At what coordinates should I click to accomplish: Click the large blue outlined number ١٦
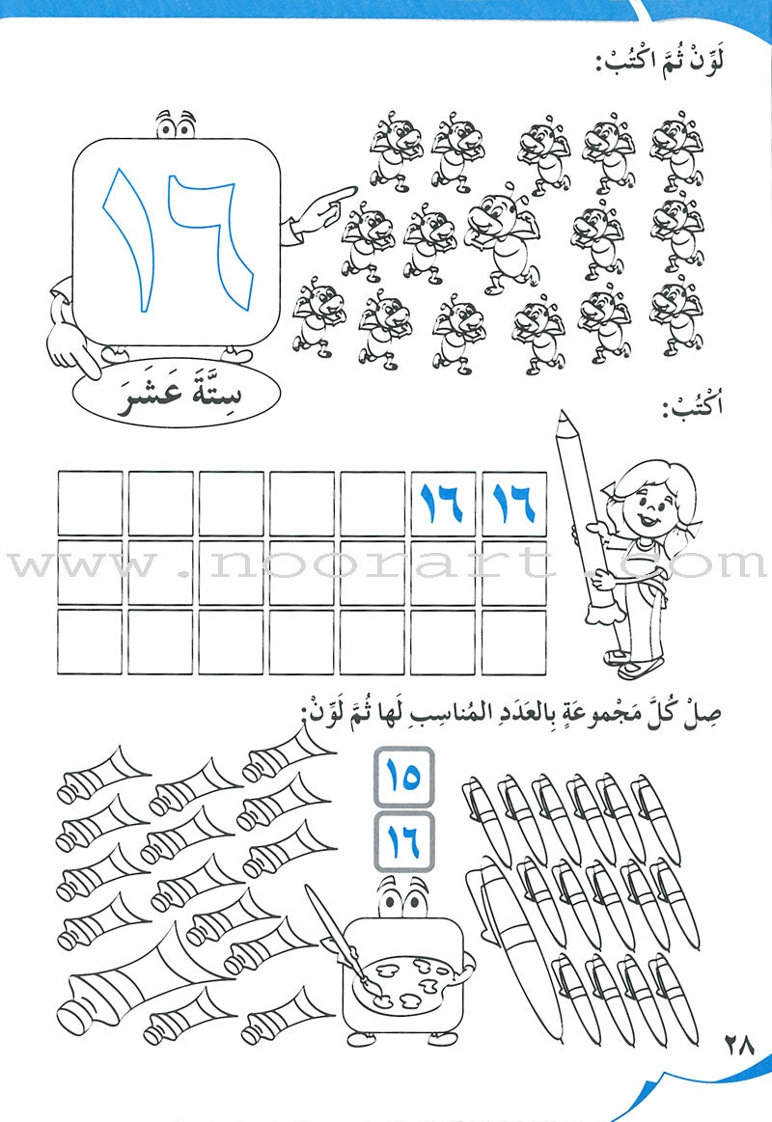coord(179,240)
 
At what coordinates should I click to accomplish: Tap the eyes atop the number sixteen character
coord(177,125)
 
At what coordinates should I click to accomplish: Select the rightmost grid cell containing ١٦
coord(514,504)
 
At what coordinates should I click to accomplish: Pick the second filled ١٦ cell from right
coord(443,504)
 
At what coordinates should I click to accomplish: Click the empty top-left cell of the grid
coord(90,504)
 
